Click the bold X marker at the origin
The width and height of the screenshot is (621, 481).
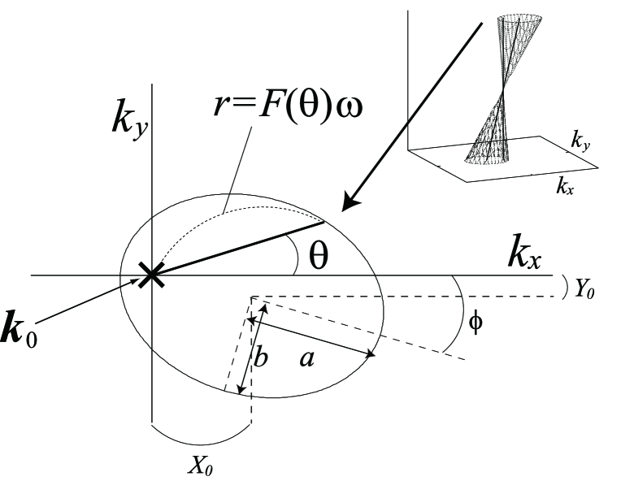[x=151, y=276]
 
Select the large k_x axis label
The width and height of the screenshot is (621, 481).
[x=525, y=253]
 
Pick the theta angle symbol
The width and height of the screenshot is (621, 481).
[x=319, y=255]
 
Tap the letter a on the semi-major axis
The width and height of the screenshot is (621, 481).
[x=306, y=358]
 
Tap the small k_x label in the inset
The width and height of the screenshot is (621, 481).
[x=563, y=188]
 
